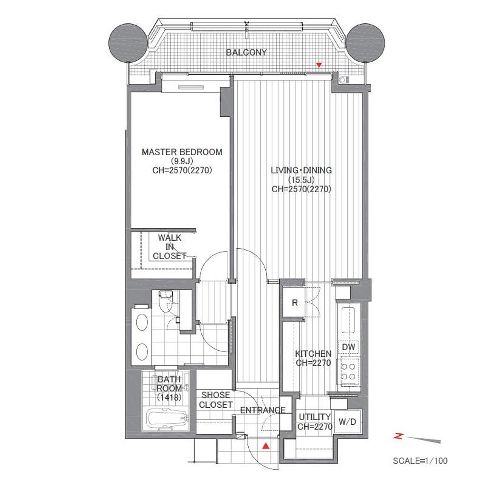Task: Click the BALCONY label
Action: pos(246,52)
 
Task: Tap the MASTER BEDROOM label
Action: pos(182,152)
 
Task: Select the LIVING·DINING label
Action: pos(301,170)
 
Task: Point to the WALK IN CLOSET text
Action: pos(169,247)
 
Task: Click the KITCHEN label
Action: pos(313,354)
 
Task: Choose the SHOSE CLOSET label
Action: pos(216,400)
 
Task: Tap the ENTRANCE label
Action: pos(263,411)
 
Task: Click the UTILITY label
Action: pos(315,417)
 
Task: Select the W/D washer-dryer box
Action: pos(347,421)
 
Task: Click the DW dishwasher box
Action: pos(348,347)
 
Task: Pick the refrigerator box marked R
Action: pos(295,302)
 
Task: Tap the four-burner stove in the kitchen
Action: pos(348,372)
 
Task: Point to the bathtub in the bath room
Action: pos(167,419)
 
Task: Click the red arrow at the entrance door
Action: pos(266,446)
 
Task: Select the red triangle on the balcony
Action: pos(319,65)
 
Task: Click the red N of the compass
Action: pos(398,437)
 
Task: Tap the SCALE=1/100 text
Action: pos(420,461)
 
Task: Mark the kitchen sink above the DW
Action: pos(348,320)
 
